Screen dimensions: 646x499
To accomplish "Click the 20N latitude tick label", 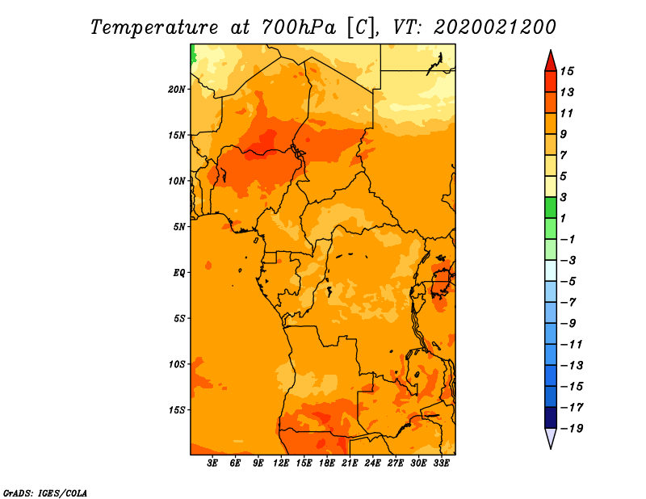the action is (x=177, y=90).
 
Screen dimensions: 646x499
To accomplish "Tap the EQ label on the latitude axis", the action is (x=178, y=273).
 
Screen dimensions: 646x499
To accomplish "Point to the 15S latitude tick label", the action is (x=177, y=410).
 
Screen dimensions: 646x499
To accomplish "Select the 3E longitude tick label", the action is (x=212, y=463).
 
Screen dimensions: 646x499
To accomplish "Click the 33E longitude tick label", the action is (x=441, y=463).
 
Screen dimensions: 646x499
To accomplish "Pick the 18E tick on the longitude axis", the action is (x=327, y=463).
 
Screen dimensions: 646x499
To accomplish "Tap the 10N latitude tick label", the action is (x=177, y=181).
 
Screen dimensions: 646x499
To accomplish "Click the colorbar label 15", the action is (x=567, y=71).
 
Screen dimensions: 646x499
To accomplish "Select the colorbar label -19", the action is (x=572, y=429).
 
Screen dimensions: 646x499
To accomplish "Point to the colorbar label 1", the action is (x=563, y=218).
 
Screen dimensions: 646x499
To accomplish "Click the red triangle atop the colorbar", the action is (x=551, y=61).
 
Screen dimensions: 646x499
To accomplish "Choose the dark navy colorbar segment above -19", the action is (x=551, y=417).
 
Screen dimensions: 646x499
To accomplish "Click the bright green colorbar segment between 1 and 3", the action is (x=551, y=208).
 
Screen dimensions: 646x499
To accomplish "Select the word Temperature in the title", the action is (x=154, y=27).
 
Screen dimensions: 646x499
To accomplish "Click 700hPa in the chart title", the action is (x=299, y=27).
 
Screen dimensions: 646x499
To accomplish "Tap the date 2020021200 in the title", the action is (x=495, y=27).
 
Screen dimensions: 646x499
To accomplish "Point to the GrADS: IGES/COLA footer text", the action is (x=45, y=493).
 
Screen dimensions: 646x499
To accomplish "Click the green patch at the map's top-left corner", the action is (x=193, y=53).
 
